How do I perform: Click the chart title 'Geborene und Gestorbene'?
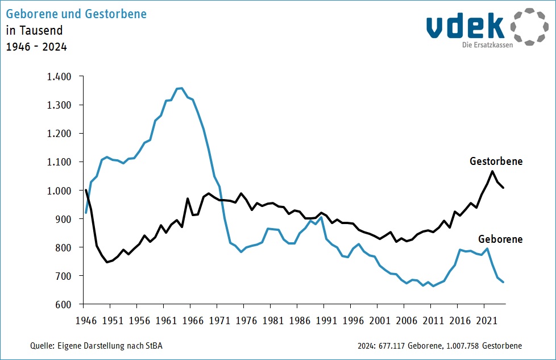pyautogui.click(x=76, y=14)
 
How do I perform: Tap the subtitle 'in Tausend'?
pyautogui.click(x=34, y=30)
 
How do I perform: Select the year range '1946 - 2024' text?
pyautogui.click(x=36, y=47)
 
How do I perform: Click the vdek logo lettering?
pyautogui.click(x=465, y=26)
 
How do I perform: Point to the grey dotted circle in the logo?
pyautogui.click(x=529, y=27)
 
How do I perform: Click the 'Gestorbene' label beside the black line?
pyautogui.click(x=496, y=162)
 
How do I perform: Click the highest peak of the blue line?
pyautogui.click(x=180, y=88)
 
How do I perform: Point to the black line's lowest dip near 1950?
pyautogui.click(x=106, y=262)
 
